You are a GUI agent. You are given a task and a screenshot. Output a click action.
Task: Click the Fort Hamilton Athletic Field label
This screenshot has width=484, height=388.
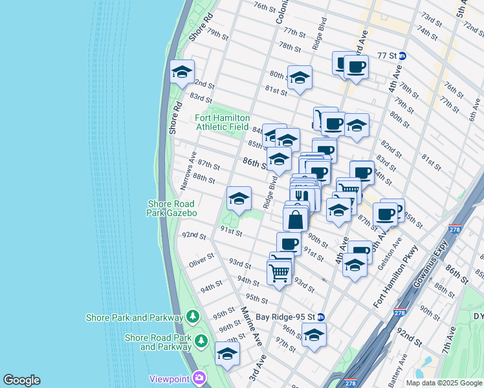click(x=221, y=122)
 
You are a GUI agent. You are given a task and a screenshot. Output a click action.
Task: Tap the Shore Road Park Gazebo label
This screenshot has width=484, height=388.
click(x=171, y=208)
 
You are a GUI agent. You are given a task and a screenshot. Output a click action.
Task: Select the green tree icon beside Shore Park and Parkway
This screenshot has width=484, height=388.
click(x=192, y=317)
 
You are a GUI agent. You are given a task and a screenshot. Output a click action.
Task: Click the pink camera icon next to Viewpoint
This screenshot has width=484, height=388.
click(x=200, y=378)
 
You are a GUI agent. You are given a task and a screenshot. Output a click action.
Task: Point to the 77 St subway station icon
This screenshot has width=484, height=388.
click(x=402, y=56)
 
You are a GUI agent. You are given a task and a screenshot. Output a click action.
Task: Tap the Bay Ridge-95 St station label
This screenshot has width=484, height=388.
click(x=284, y=317)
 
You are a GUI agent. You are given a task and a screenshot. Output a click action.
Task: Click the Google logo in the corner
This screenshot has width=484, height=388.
click(x=21, y=380)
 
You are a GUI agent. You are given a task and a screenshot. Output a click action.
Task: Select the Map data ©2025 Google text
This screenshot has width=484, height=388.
click(x=443, y=383)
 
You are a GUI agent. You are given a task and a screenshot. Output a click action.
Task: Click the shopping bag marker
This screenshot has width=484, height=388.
click(x=296, y=219)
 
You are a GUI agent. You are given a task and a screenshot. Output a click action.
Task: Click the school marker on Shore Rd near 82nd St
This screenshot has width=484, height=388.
click(x=182, y=72)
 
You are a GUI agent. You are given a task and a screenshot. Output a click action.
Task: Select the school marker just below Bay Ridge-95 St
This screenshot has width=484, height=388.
click(x=314, y=335)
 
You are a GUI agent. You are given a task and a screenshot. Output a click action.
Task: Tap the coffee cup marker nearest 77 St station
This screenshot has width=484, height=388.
click(x=356, y=67)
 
